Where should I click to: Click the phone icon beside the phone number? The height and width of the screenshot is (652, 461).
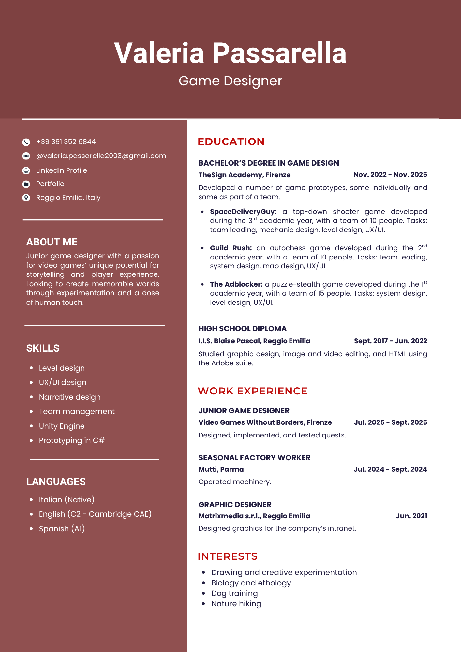point(26,142)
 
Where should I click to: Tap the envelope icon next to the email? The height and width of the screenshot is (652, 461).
point(26,156)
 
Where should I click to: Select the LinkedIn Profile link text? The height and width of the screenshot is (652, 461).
point(61,170)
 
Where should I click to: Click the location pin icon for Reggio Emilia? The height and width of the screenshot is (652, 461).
point(26,198)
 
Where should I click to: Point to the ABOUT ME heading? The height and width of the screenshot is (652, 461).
point(52,242)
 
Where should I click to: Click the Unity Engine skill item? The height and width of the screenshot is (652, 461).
point(62,426)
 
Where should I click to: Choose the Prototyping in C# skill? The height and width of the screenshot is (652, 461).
point(71,440)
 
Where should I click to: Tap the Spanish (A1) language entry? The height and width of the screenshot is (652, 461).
point(62,528)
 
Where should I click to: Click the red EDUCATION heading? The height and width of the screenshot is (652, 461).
point(231,141)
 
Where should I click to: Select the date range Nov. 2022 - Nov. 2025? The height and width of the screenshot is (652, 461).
point(390,175)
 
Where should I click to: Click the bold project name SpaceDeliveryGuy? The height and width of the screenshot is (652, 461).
point(243,212)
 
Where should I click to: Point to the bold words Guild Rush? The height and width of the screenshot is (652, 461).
point(230,248)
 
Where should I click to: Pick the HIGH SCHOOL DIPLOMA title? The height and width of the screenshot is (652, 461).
point(242,329)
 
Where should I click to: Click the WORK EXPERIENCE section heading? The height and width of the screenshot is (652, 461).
point(252,391)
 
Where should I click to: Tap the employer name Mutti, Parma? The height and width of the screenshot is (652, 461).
point(221,469)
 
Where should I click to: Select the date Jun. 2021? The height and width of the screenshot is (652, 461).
point(411,516)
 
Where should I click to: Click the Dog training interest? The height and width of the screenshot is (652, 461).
point(234,593)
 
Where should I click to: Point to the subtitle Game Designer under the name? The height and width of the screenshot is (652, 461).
point(230,81)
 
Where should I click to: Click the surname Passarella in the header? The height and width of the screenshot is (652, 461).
point(279,53)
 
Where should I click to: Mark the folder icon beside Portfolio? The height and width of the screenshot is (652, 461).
point(26,184)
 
